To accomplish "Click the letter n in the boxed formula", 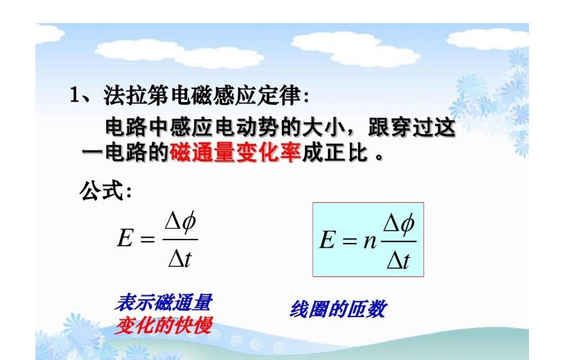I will click(x=370, y=241).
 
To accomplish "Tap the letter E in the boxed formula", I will click(x=327, y=241).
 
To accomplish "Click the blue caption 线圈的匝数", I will click(x=338, y=309).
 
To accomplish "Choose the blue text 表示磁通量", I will click(x=164, y=302).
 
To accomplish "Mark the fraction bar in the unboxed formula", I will click(x=180, y=240).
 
